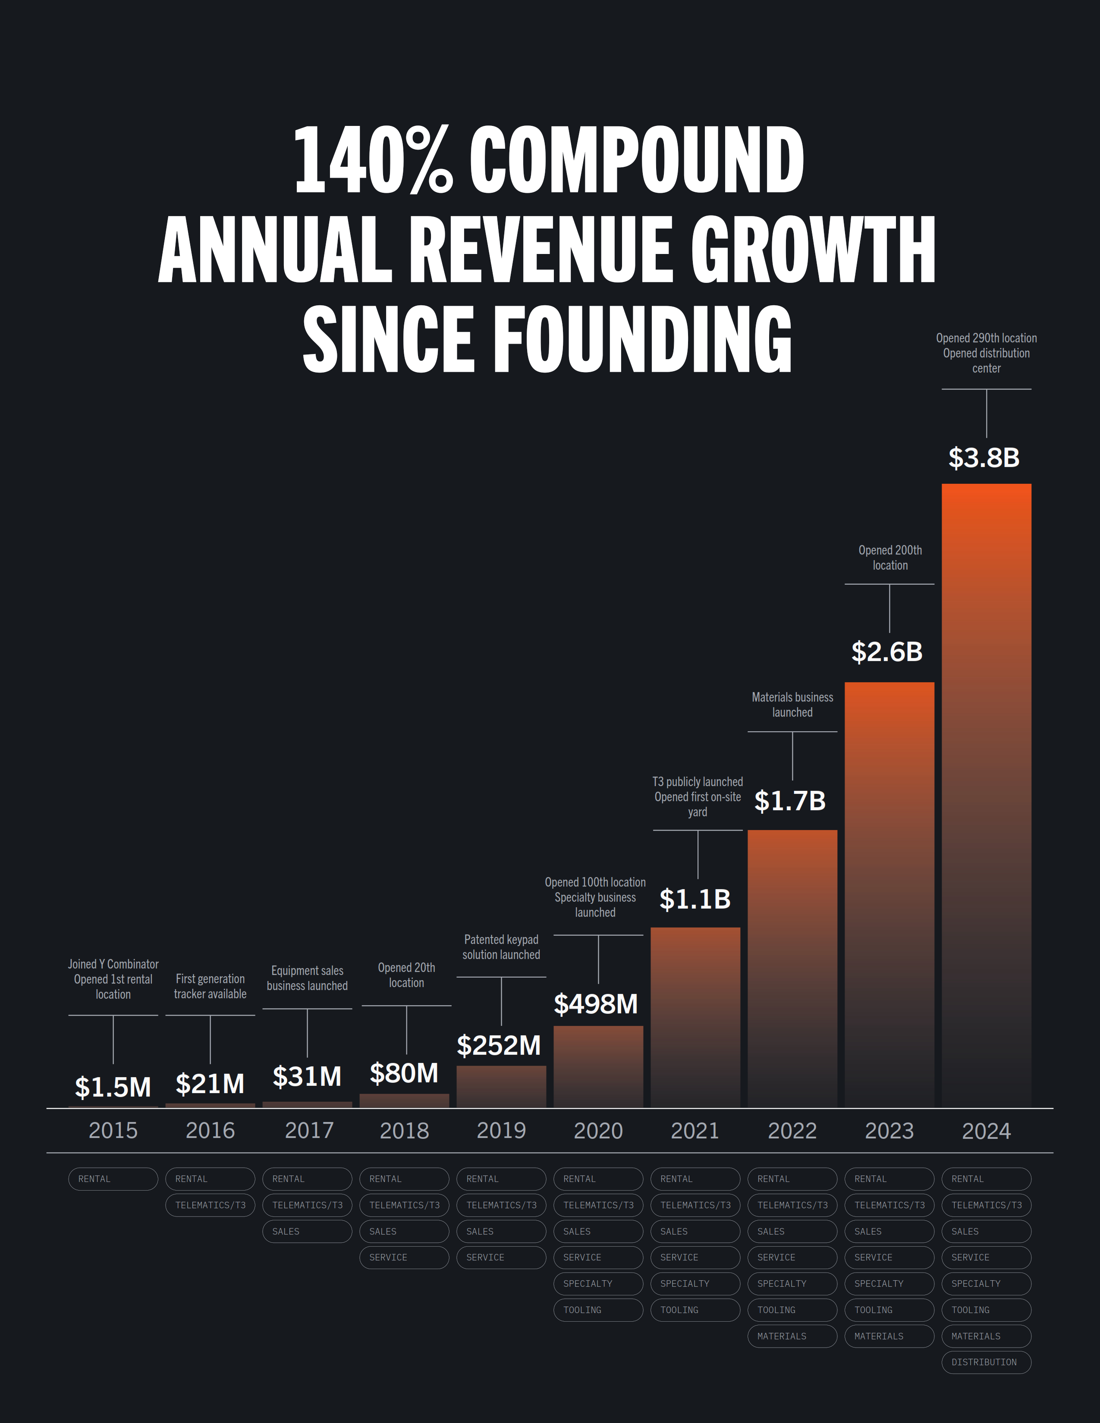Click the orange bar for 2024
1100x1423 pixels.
tap(986, 795)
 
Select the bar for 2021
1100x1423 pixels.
tap(695, 1016)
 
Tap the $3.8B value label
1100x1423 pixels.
tap(984, 458)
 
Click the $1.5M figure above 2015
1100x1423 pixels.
tap(113, 1087)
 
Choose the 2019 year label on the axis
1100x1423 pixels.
tap(501, 1131)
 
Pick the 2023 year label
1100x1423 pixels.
tap(889, 1131)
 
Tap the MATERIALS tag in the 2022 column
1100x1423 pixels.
tap(792, 1336)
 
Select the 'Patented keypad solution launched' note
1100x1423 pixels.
tap(501, 947)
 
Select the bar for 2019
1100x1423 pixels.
tap(501, 1086)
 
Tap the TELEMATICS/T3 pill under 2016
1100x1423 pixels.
tap(210, 1205)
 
